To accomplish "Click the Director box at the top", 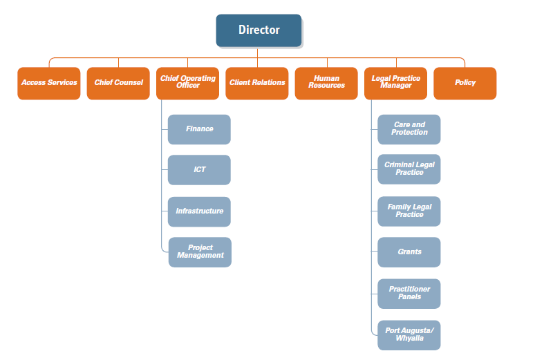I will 259,30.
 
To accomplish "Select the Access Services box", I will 49,83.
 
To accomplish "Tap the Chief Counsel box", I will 118,83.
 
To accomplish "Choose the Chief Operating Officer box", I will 188,83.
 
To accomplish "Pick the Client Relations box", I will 257,83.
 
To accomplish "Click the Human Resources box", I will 326,83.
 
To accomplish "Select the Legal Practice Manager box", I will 395,83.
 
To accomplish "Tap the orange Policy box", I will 465,83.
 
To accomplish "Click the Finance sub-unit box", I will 199,129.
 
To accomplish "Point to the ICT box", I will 199,170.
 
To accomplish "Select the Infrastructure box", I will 199,211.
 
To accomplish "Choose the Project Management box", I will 200,252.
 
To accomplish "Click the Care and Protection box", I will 409,129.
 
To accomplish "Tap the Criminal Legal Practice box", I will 409,169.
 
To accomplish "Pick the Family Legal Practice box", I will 409,211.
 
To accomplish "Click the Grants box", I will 409,252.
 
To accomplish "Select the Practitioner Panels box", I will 409,294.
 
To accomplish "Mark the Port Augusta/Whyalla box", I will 409,335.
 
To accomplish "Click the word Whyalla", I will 409,339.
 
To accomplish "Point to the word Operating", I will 200,79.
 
